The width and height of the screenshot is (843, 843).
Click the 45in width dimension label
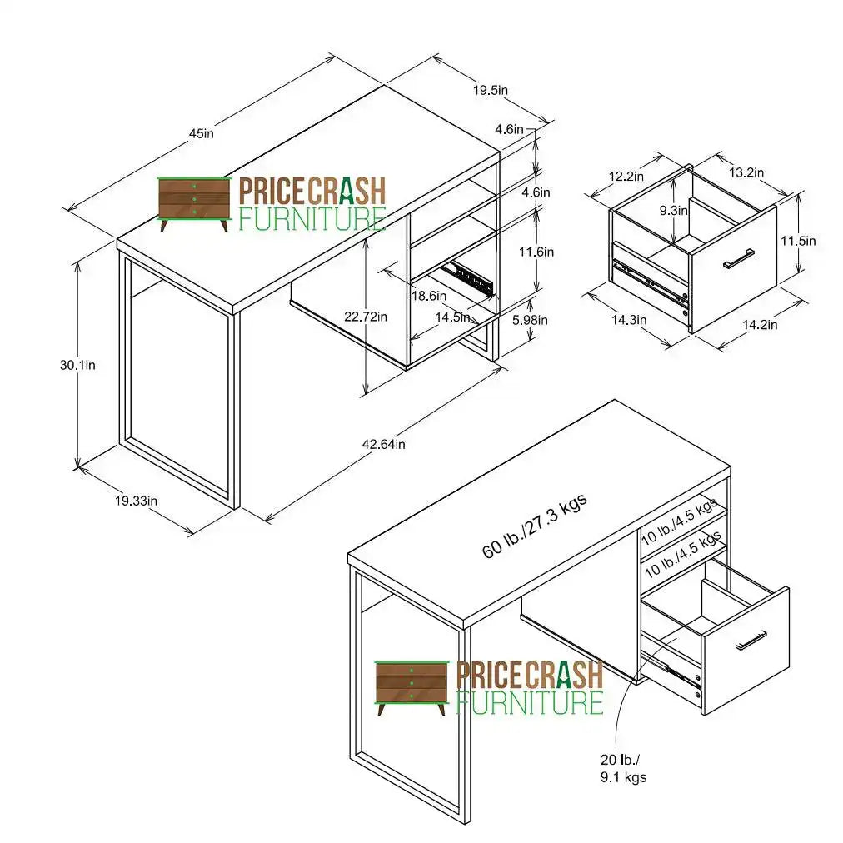point(201,133)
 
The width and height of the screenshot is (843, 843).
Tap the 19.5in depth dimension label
point(491,90)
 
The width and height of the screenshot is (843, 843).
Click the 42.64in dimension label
point(383,444)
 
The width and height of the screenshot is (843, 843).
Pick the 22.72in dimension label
point(366,316)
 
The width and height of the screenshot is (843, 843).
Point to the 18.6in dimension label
point(430,296)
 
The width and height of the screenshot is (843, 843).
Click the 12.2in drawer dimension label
point(626,176)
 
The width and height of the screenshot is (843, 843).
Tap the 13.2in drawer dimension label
point(746,172)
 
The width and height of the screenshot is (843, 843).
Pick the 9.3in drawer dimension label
point(674,211)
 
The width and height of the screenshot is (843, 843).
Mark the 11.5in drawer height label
point(798,241)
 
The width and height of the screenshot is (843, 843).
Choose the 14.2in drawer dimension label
point(759,325)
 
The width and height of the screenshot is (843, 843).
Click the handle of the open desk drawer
point(751,639)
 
